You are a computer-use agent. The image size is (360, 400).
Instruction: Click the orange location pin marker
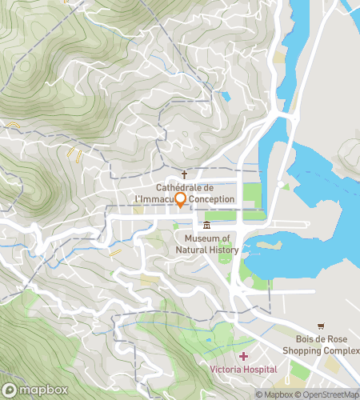pos(181,200)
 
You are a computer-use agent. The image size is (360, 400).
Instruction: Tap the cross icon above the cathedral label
pos(184,174)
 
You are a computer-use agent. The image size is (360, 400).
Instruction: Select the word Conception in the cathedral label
pos(212,198)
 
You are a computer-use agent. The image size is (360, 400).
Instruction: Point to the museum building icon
pos(207,225)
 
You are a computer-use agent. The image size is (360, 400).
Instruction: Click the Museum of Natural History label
pos(207,244)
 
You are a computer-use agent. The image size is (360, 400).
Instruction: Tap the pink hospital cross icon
pos(243,354)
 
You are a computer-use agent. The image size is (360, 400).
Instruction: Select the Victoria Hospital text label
pos(243,369)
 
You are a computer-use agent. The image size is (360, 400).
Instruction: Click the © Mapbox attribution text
pos(274,394)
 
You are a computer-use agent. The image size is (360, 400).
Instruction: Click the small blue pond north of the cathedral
pos(226,97)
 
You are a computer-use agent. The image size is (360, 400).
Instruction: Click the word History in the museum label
pos(224,250)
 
